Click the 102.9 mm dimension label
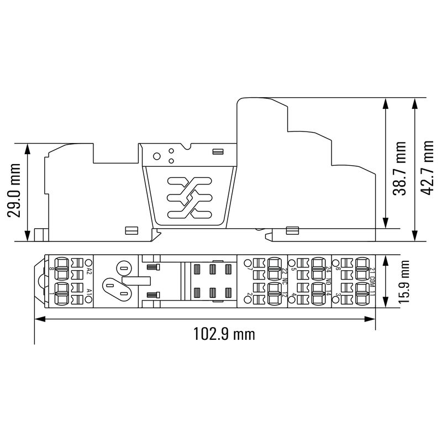224,334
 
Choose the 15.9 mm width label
406,281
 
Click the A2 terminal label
88,271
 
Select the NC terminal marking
285,281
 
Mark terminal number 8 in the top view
51,269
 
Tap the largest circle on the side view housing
157,156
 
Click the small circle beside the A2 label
88,262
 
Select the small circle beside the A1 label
88,299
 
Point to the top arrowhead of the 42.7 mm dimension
415,102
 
